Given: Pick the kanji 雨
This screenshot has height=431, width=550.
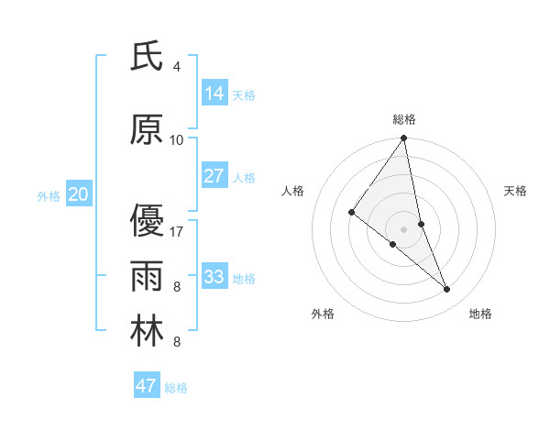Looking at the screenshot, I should [147, 275].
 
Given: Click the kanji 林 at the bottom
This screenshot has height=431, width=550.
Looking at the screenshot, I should [147, 330].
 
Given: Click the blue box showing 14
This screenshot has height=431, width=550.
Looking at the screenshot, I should [214, 94].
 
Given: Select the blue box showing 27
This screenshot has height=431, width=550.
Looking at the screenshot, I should [214, 176].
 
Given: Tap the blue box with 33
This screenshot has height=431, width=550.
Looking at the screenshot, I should [214, 276].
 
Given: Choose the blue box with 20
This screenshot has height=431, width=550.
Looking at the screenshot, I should [79, 194].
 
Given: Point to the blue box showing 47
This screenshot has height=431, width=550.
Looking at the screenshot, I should [147, 386].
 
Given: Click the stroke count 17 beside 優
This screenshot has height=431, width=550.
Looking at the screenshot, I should [177, 231].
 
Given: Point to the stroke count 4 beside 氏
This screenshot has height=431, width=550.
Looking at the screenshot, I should [177, 67].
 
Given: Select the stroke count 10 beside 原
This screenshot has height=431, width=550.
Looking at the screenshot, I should [177, 139].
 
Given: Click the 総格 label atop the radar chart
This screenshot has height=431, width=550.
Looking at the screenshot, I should [404, 119].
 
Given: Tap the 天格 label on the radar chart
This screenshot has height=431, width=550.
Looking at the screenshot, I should [515, 191].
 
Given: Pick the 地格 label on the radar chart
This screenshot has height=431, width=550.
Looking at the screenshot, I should [480, 314].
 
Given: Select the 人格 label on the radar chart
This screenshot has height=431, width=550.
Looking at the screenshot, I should [292, 191].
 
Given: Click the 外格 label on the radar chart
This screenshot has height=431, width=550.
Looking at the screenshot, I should [323, 314].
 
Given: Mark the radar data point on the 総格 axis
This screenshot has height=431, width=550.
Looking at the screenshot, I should [404, 138].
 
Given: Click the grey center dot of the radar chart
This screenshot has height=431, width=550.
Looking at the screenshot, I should [404, 228].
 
